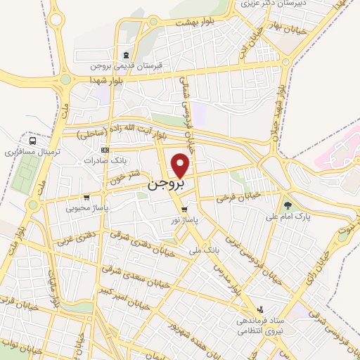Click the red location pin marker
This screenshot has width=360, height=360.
pyautogui.click(x=181, y=165)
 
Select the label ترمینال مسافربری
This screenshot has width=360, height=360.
pyautogui.click(x=30, y=151)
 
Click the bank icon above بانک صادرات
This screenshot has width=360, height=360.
pyautogui.click(x=105, y=150)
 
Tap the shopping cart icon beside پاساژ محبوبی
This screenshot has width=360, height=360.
pyautogui.click(x=86, y=198)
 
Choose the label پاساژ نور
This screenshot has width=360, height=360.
pyautogui.click(x=184, y=221)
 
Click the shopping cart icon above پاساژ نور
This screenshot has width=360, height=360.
pyautogui.click(x=184, y=210)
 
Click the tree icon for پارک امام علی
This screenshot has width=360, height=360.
pyautogui.click(x=288, y=205)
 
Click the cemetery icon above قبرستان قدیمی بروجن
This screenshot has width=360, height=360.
pyautogui.click(x=125, y=56)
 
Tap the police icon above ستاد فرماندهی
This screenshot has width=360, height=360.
pyautogui.click(x=260, y=309)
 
